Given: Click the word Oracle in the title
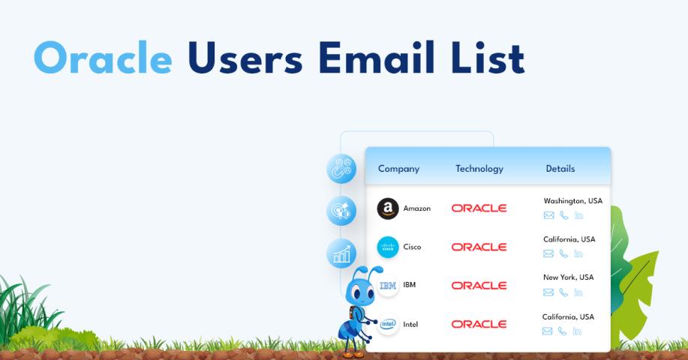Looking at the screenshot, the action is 103,58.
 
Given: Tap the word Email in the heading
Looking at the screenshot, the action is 376,57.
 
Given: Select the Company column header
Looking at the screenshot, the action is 398,169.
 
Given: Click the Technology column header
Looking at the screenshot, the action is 479,169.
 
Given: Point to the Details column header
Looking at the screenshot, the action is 560,169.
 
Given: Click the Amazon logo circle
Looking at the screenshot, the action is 388,208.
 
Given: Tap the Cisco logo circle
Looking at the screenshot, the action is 388,247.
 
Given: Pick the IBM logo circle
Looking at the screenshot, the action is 388,286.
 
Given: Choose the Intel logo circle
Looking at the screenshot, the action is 388,325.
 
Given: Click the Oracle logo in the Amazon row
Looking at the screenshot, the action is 479,208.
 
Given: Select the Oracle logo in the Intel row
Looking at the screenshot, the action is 479,324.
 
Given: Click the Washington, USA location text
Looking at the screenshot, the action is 573,201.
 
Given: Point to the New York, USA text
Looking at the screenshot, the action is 568,277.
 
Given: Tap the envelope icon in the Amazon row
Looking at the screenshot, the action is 548,215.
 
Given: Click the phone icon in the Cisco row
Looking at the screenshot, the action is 563,254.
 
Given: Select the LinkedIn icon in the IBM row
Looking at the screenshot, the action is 578,292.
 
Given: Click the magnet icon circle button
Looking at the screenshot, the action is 341,169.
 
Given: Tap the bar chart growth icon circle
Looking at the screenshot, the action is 341,253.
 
